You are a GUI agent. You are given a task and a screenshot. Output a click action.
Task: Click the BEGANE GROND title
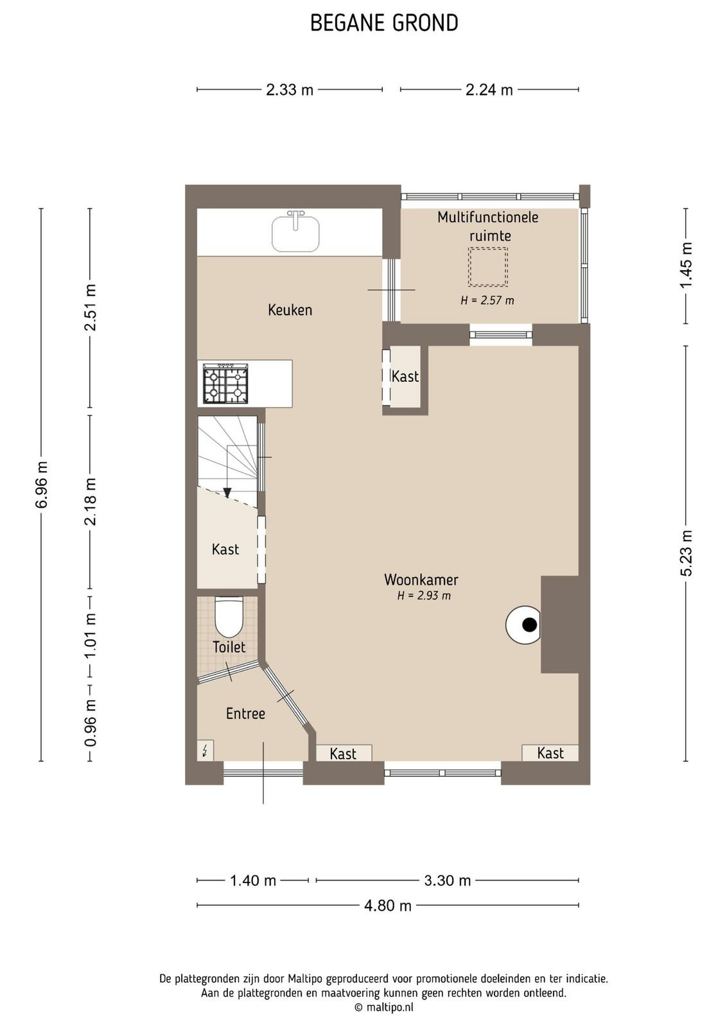click(x=384, y=23)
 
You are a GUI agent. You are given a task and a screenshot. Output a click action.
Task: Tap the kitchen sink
click(x=296, y=232)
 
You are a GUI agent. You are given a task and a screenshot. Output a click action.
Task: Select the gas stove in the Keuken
click(x=225, y=384)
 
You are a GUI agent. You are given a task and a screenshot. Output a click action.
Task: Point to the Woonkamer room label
click(x=421, y=580)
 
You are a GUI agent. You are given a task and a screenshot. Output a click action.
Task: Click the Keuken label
click(x=290, y=310)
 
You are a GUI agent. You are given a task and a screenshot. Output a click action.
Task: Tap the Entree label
click(x=245, y=713)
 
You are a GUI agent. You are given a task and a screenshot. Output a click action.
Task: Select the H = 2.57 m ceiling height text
click(x=487, y=300)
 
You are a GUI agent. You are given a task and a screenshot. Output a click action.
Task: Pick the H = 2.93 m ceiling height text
click(x=424, y=596)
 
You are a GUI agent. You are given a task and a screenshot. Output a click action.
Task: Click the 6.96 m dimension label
click(x=41, y=485)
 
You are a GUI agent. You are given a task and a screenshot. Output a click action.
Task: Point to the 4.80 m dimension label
click(x=387, y=906)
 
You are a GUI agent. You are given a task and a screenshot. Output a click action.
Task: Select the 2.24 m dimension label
click(x=489, y=90)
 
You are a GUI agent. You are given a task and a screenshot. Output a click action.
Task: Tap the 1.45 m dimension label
click(x=686, y=266)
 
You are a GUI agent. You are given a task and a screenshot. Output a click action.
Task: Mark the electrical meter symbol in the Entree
click(x=205, y=750)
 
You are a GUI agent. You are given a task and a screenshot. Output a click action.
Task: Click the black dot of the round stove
click(x=529, y=625)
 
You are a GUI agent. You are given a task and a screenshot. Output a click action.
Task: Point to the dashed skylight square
click(x=487, y=266)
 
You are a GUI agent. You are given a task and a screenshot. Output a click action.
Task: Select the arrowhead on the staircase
click(x=227, y=492)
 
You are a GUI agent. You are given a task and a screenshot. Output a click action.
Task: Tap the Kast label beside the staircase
click(x=225, y=549)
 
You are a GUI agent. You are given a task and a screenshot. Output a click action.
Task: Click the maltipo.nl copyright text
click(x=384, y=1007)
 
